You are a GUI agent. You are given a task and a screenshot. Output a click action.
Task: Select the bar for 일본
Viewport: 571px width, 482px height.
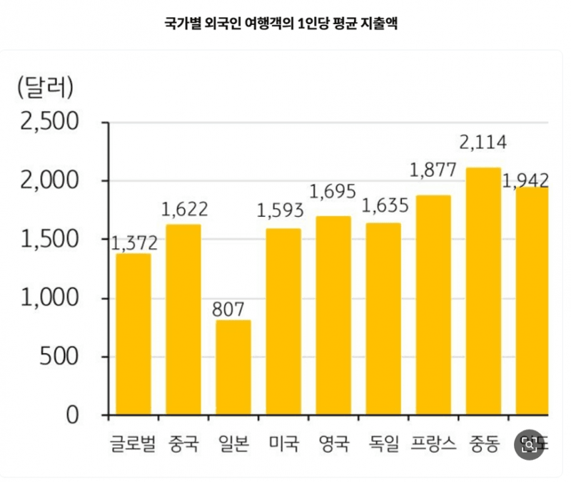point(233,367)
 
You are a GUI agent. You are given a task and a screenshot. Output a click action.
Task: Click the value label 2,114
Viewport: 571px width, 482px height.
point(483,143)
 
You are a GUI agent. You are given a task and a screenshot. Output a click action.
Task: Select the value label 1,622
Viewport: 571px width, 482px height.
point(184,209)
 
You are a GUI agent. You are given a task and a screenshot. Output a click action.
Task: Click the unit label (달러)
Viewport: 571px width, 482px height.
point(44,88)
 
